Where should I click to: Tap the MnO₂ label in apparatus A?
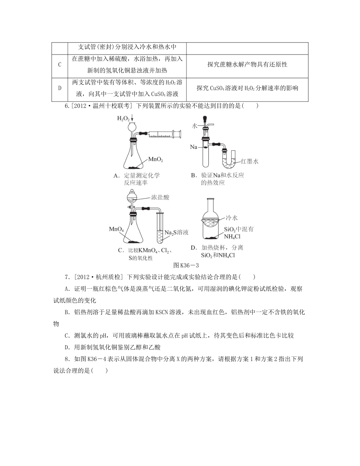pos(155,160)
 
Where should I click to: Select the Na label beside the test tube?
pos(193,146)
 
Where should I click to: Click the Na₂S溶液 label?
pos(176,232)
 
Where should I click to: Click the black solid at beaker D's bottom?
pos(211,238)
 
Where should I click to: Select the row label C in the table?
pos(59,64)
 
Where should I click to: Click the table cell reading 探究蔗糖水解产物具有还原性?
pos(247,64)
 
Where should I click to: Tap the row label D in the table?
pos(59,88)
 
